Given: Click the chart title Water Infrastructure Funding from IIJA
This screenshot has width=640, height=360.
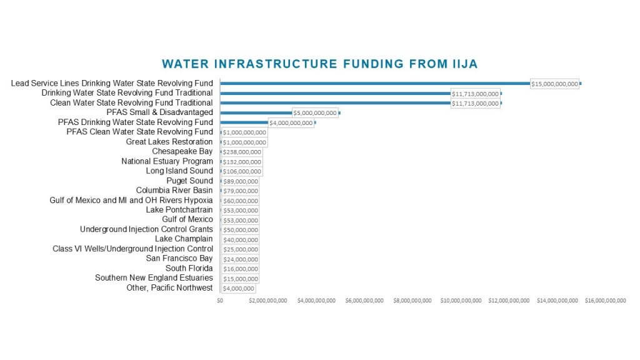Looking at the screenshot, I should pos(319,64).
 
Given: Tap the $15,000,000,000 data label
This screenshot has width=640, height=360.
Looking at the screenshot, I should pos(554,84).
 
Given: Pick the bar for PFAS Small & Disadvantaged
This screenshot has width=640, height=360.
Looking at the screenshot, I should pos(256,112).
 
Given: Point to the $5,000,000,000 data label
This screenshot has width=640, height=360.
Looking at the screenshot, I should pos(315,113).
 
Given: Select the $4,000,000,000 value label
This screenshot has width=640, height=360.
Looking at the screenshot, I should pos(291,123).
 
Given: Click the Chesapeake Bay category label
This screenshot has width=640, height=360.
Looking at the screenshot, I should pos(182,151).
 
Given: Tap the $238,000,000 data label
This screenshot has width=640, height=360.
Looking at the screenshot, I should pos(242,152).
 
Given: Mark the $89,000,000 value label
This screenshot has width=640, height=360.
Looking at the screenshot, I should pos(240,181).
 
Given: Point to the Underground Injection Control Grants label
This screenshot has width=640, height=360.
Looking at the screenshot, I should pos(146,229).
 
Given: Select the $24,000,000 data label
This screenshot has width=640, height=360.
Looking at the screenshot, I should pos(240,259).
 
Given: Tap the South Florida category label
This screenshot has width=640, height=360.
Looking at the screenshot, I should pos(189,268).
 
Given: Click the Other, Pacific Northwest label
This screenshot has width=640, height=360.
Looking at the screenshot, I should pos(169,287).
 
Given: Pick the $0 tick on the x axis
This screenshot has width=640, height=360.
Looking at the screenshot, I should pos(220,301).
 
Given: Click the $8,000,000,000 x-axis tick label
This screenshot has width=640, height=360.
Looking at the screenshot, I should pos(412,301).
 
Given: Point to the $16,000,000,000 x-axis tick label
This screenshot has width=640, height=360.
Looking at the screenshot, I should pos(605,301).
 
